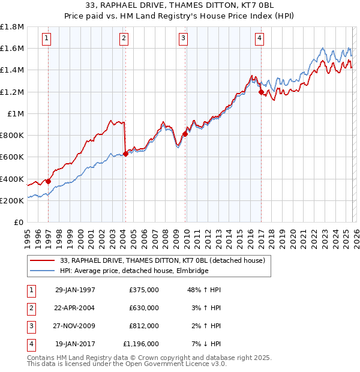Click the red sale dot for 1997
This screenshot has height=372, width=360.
tap(49, 181)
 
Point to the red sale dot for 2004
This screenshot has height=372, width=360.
tap(125, 154)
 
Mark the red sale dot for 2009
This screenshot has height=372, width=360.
tap(185, 134)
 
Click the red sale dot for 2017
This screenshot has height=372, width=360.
tap(261, 92)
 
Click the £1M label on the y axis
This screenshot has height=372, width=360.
tap(16, 113)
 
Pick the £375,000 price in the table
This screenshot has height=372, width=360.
tap(144, 290)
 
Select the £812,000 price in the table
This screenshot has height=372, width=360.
tap(144, 326)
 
